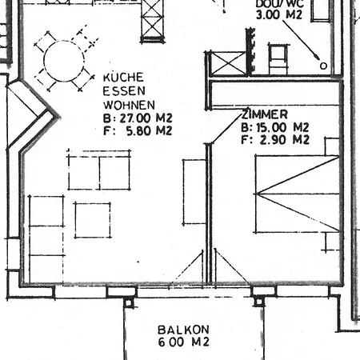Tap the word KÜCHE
pyautogui.click(x=122, y=78)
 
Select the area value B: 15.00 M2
pyautogui.click(x=274, y=126)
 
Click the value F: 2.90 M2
pyautogui.click(x=274, y=139)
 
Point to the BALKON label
pyautogui.click(x=183, y=330)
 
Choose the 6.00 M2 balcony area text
pyautogui.click(x=183, y=342)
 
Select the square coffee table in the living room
pyautogui.click(x=93, y=220)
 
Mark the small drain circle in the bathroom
pyautogui.click(x=323, y=66)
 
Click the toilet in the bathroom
pyautogui.click(x=278, y=57)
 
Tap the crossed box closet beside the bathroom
pyautogui.click(x=226, y=63)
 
